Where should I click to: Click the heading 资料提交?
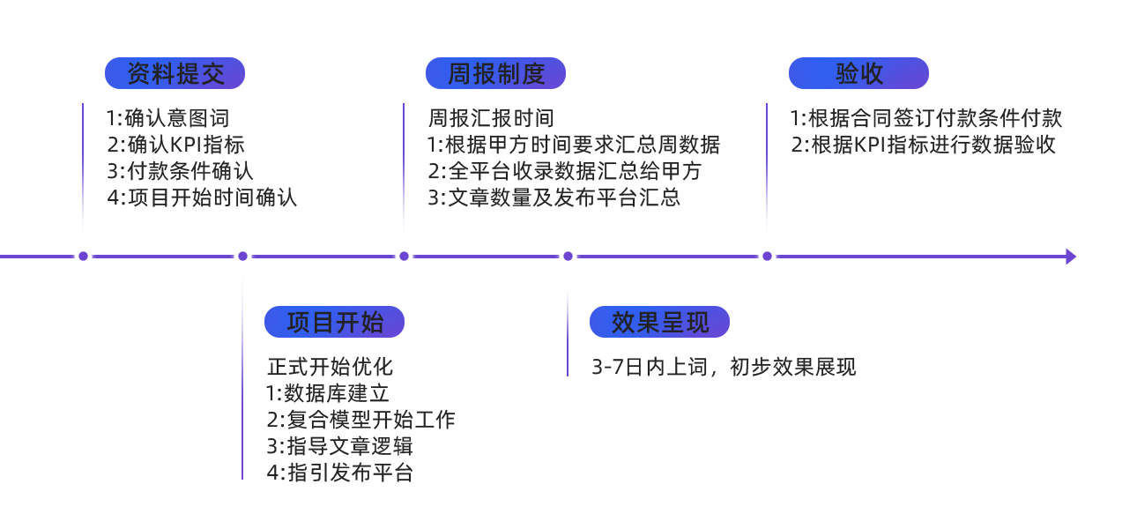point(175,74)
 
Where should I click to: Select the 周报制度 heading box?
point(495,74)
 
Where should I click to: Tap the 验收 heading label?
point(858,74)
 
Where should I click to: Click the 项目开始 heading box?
point(334,322)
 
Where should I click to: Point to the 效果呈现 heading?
point(659,322)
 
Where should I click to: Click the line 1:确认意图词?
point(168,118)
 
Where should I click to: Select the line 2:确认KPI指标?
point(176,145)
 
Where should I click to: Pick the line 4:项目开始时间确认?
point(202,197)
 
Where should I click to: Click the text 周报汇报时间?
point(491,118)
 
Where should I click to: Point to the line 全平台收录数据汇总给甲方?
point(565,171)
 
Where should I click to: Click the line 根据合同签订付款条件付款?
point(926,118)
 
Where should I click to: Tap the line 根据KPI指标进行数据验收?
point(925,145)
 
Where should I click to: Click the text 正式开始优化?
point(331,367)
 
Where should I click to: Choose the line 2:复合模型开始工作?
point(361,420)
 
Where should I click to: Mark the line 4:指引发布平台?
point(340,473)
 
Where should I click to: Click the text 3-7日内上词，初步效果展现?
point(724,367)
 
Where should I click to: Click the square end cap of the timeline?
point(1071,257)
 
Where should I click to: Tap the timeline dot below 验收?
point(767,257)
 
